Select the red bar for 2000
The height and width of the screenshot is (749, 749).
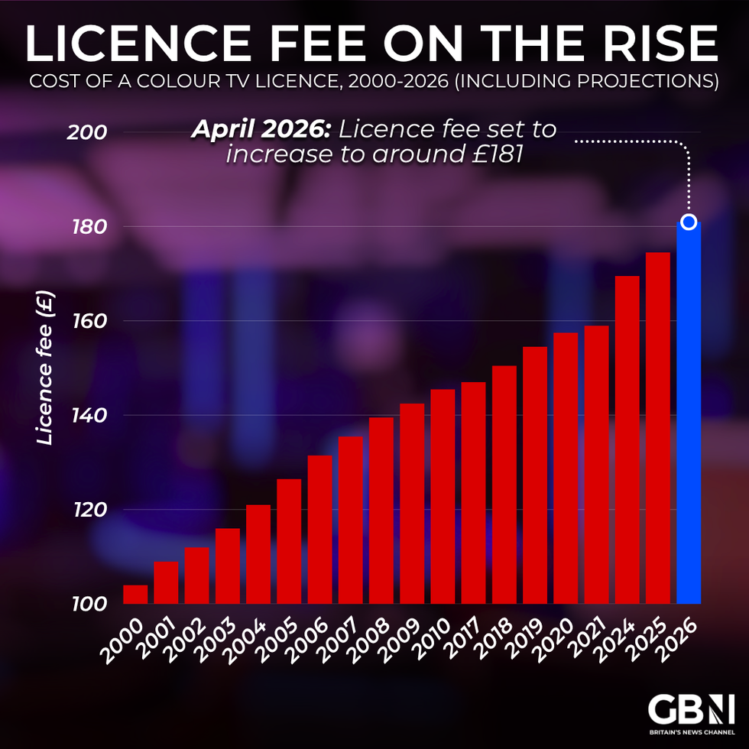pyautogui.click(x=135, y=595)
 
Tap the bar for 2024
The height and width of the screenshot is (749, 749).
pyautogui.click(x=627, y=439)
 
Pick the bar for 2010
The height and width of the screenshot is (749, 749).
pyautogui.click(x=443, y=497)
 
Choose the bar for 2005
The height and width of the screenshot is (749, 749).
pyautogui.click(x=289, y=541)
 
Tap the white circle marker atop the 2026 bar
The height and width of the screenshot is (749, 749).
pyautogui.click(x=689, y=222)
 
